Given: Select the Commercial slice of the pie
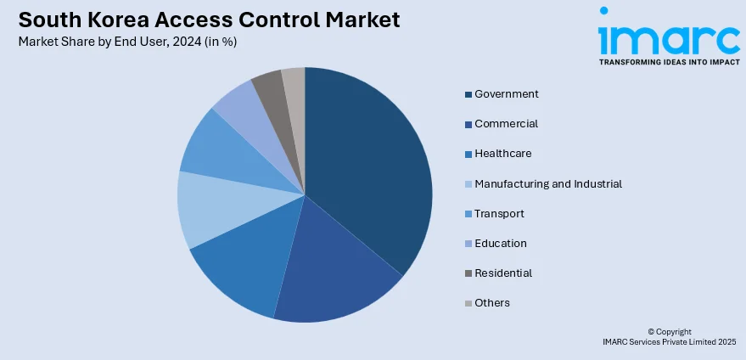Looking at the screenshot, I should click(x=335, y=272).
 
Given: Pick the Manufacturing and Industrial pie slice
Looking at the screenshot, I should click(x=212, y=208).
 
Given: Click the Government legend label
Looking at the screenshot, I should click(x=507, y=94).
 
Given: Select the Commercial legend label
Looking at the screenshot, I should click(x=506, y=124).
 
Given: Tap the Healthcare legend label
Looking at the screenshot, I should click(x=503, y=154).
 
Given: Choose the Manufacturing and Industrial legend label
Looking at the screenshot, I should click(x=548, y=183).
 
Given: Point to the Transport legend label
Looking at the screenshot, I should click(x=499, y=213).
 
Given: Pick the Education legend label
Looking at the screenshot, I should click(x=501, y=243).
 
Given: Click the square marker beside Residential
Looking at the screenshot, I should click(x=467, y=273).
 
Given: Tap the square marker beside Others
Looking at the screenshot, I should click(x=467, y=303).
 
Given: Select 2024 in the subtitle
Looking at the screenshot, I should click(x=177, y=42).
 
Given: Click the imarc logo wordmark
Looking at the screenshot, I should click(x=669, y=38).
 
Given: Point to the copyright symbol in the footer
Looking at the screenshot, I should click(x=651, y=332).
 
